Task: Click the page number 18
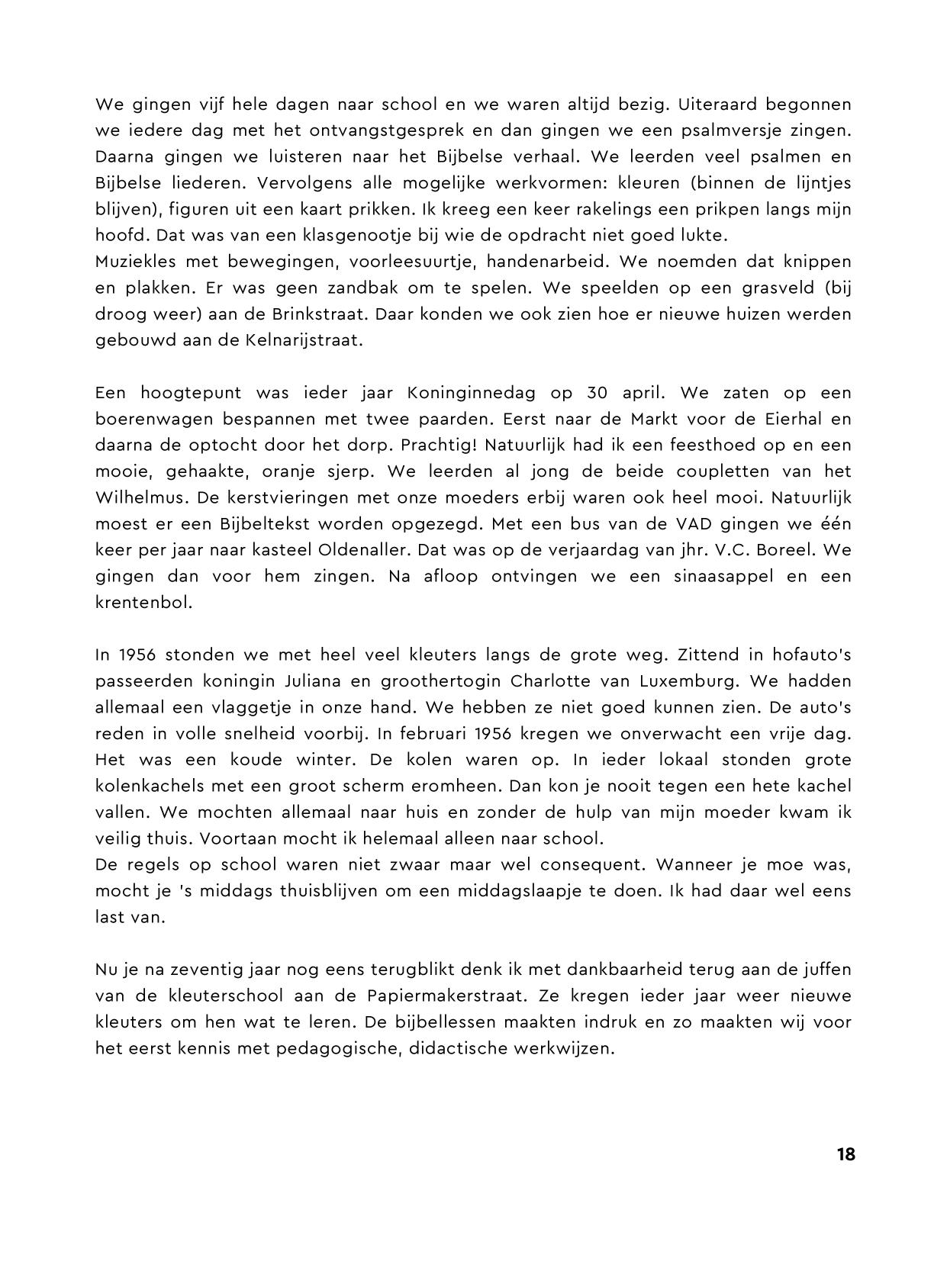click(846, 1154)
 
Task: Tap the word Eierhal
click(822, 419)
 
